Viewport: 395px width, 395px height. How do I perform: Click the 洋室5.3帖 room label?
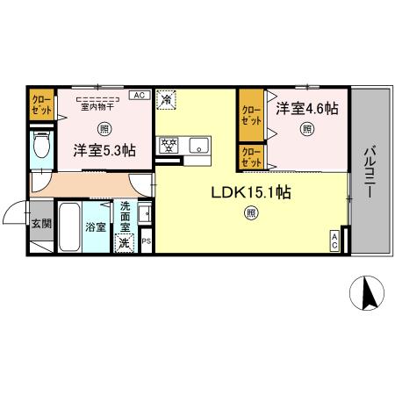coord(104,150)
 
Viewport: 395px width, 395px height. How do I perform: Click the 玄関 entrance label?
coord(41,223)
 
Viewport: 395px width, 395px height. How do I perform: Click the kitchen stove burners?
coord(169,144)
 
